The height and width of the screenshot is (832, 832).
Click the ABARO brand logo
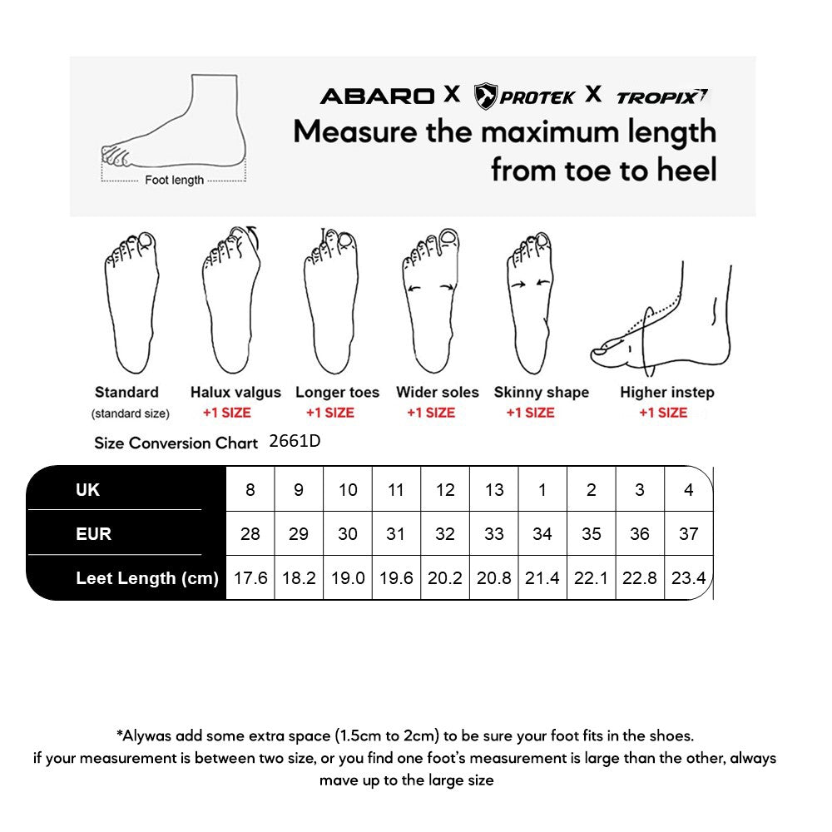point(376,96)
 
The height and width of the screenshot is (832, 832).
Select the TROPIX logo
point(661,97)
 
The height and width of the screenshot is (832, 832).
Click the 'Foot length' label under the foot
point(174,180)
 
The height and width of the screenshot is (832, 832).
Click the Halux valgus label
point(235,393)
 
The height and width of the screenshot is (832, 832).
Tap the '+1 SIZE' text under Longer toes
point(329,413)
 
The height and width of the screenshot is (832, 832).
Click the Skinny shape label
point(541,393)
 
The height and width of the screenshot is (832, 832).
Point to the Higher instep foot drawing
point(666,324)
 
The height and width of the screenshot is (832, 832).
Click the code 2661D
point(295,442)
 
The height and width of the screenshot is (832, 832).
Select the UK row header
point(87,490)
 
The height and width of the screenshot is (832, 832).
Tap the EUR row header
point(93,533)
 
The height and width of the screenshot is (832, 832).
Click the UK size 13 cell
point(494,490)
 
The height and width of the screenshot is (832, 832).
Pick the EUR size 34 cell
point(542,533)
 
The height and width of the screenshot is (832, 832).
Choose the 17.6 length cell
point(250,578)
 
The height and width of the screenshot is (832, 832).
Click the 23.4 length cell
point(688,578)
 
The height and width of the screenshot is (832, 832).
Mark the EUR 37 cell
point(688,533)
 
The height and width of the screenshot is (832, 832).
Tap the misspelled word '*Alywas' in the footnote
point(143,735)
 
